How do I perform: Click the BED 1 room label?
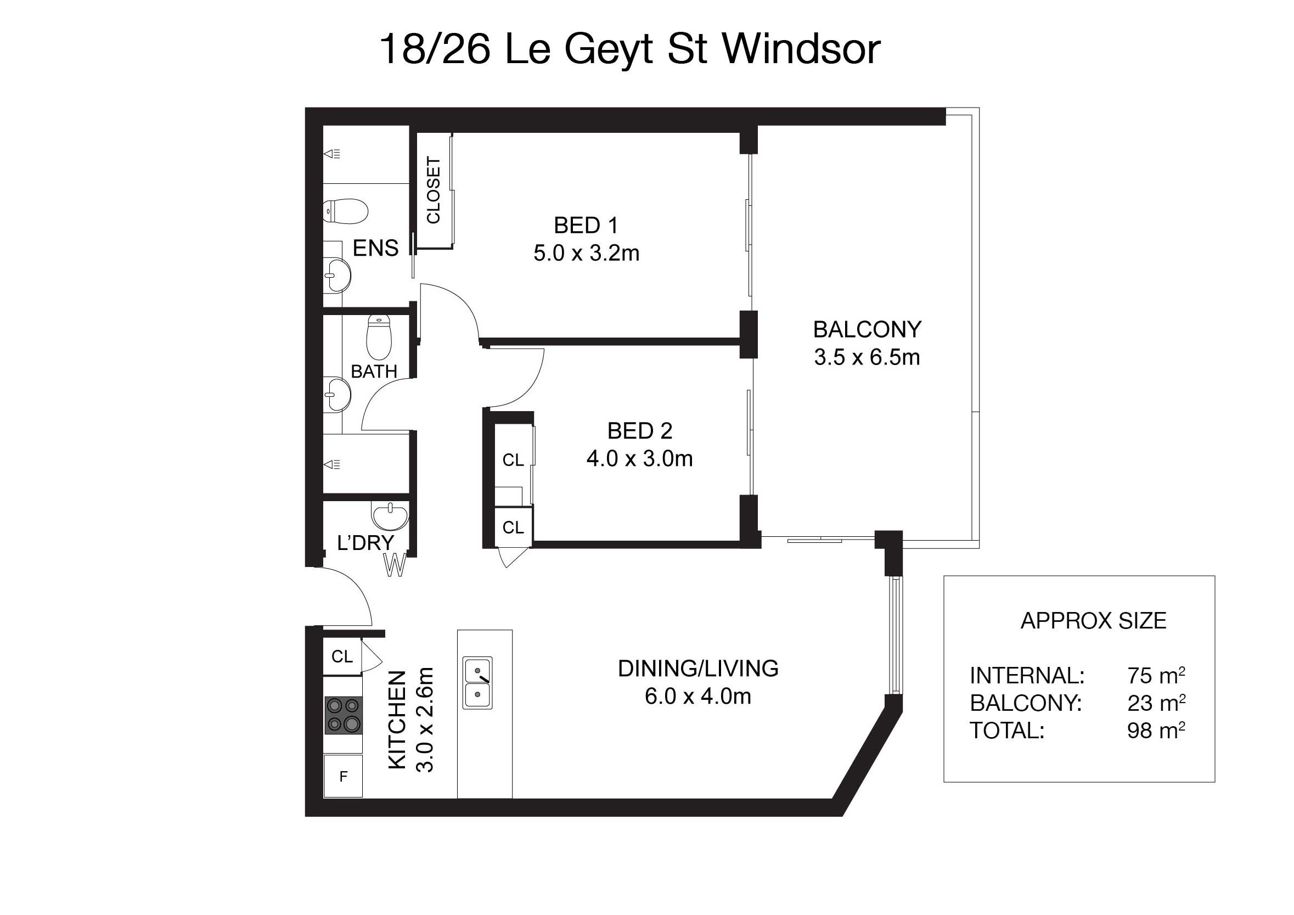coord(586,226)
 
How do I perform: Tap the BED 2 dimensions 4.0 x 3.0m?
coord(640,459)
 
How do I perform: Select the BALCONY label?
coord(867,329)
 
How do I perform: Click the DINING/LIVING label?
coord(697,669)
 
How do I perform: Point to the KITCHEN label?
coord(397,720)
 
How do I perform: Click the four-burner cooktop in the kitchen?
coord(343,715)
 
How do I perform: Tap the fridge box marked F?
coord(343,776)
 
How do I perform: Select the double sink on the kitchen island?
coord(477,683)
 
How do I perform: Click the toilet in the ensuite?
coord(346,211)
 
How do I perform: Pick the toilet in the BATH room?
coord(379,337)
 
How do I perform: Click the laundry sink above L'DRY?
coord(390,515)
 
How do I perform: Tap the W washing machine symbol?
coord(395,565)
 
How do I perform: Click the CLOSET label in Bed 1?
coord(434,190)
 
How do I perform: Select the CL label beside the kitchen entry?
coord(342,656)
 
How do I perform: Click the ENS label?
coord(375,248)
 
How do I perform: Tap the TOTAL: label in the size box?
coord(1007,731)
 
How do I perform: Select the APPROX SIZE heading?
coord(1093,621)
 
